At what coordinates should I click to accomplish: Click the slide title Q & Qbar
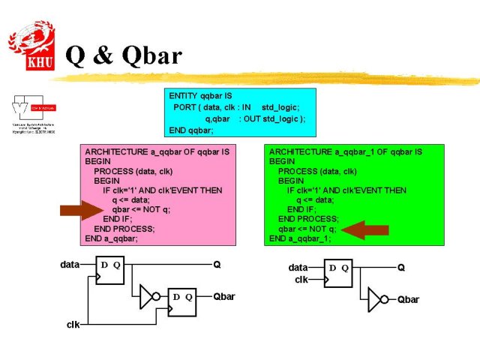124,55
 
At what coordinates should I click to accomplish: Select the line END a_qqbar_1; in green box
299,238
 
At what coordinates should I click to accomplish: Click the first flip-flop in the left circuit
110,273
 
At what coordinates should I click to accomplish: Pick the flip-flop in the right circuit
338,274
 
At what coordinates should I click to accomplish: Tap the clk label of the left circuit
73,324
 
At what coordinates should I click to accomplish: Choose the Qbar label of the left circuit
224,296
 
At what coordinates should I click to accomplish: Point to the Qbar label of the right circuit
408,299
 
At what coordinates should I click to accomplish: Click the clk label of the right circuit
301,279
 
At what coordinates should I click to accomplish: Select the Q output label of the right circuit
401,267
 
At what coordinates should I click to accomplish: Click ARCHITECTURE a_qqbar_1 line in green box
345,151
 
